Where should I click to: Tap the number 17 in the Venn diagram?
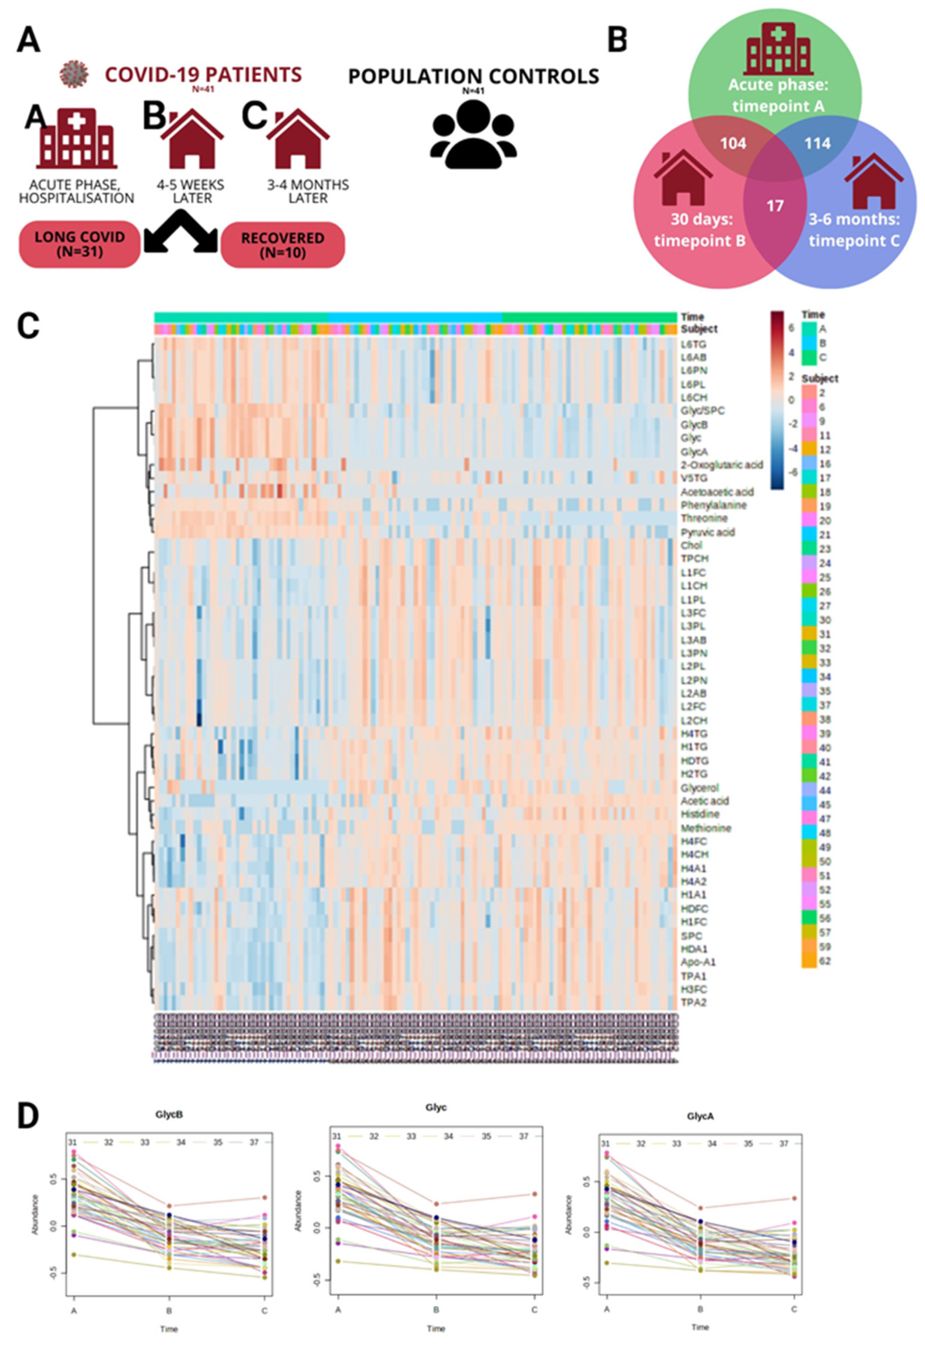(775, 206)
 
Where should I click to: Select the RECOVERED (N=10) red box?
(283, 245)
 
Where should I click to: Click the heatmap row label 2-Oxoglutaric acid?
(722, 465)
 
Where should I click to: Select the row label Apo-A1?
(698, 962)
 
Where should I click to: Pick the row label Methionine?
(706, 828)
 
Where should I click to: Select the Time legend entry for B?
(823, 343)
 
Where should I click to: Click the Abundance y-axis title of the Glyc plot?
(298, 1211)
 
